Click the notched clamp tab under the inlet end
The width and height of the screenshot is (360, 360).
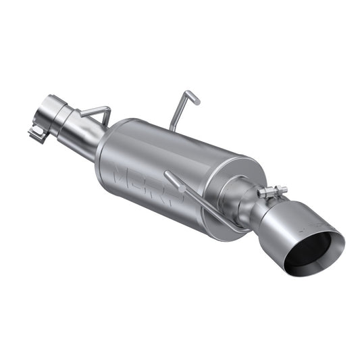(x=38, y=132)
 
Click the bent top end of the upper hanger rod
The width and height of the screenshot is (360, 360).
(x=192, y=97)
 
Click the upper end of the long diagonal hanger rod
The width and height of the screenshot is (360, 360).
(x=167, y=176)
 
